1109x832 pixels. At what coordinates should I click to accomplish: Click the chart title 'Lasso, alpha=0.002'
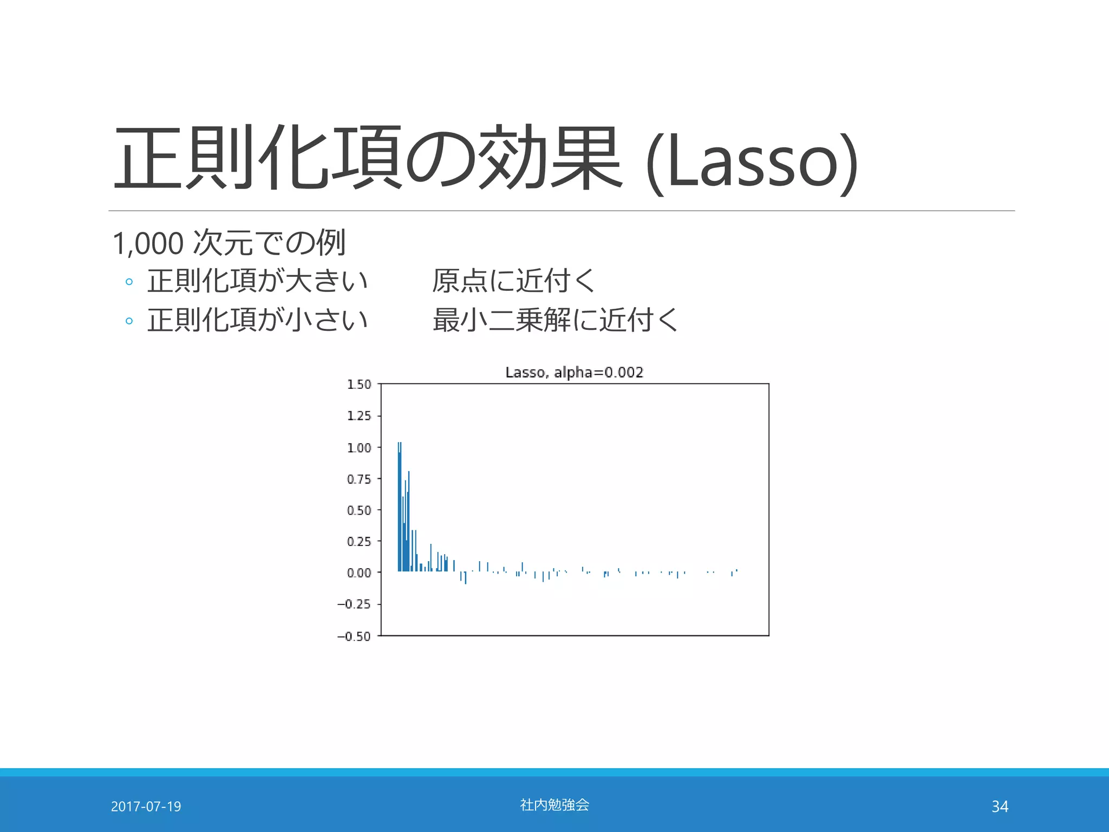click(574, 372)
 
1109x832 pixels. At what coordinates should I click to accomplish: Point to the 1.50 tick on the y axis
click(359, 385)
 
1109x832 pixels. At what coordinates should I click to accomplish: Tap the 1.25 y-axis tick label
click(359, 416)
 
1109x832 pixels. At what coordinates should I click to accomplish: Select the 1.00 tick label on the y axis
click(359, 448)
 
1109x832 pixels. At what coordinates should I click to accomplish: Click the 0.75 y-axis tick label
click(359, 479)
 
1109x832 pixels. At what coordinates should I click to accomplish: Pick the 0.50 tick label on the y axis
click(359, 511)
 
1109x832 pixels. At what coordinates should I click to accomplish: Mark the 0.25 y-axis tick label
click(359, 542)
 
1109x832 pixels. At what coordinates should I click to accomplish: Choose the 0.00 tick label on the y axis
click(359, 573)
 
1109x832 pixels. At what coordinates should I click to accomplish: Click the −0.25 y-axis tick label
click(354, 604)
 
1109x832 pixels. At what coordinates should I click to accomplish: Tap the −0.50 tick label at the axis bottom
click(354, 636)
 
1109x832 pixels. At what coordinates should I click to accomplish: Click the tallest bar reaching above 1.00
click(400, 506)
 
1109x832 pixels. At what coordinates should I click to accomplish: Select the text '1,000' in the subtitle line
click(148, 243)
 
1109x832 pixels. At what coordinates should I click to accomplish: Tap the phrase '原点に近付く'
click(513, 281)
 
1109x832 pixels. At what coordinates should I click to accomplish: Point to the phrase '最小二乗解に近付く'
click(555, 320)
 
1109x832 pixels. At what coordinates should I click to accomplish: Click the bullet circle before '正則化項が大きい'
click(129, 282)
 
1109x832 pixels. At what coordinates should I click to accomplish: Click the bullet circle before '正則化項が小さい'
click(129, 321)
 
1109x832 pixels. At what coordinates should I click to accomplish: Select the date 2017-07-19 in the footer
click(146, 807)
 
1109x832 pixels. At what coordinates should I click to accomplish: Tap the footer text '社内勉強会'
click(554, 805)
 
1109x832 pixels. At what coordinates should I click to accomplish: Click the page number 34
click(1000, 807)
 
